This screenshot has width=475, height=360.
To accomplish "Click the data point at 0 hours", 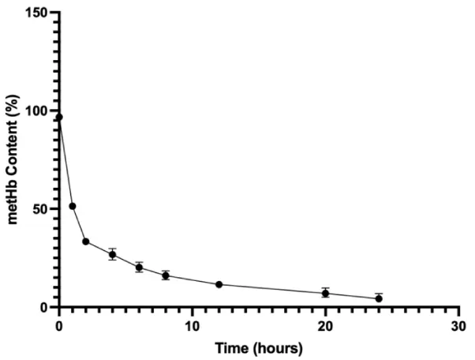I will pos(59,117).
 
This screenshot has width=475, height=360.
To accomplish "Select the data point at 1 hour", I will pos(73,206).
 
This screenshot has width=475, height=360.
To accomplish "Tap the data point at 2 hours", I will pos(85,242).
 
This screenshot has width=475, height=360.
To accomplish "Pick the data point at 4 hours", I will pos(113,254).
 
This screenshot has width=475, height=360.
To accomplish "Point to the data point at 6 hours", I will pos(139,267).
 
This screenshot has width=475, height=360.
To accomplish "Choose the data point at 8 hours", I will pos(166,276).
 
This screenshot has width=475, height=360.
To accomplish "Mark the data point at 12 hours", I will pos(219,284).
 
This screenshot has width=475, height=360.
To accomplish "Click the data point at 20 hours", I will pos(325,293).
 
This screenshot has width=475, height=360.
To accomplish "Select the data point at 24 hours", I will pos(379,298).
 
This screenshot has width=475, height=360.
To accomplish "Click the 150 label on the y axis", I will pos(37,13).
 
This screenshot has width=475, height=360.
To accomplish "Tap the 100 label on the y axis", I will pos(37,111).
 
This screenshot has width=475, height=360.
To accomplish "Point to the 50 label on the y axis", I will pos(40,208).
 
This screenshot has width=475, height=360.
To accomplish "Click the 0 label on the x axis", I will pos(59,324).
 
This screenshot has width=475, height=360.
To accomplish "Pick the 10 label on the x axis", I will pos(192,324).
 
